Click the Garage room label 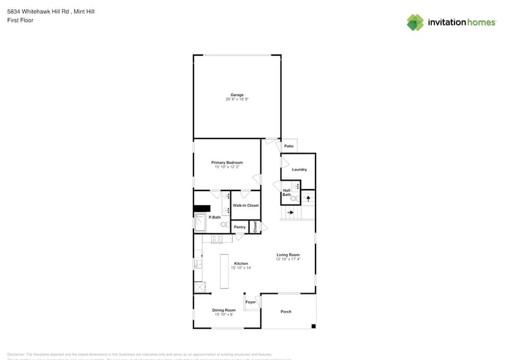coord(237,95)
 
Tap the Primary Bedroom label coord(227,163)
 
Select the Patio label coord(289,146)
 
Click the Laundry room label coord(300,170)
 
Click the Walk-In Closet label coord(246,206)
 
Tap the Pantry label coord(239,227)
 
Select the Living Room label coord(288,255)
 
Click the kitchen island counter coord(224,272)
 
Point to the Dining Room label coord(224,310)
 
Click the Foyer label coord(251,302)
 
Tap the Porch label coord(286,312)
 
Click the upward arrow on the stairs coord(308,198)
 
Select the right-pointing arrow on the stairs coord(290,213)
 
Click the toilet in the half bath coord(293,198)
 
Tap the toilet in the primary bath coord(224,225)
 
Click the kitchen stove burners coord(216,238)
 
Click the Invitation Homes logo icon coord(415,23)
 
